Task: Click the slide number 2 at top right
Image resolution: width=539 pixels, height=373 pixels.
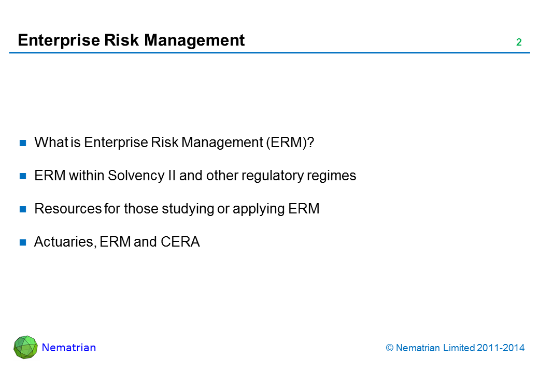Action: tap(519, 42)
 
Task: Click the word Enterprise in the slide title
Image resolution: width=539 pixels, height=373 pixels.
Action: tap(59, 40)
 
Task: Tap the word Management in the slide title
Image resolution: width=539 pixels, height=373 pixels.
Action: tap(194, 40)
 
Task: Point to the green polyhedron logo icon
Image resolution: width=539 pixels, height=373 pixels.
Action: tap(25, 347)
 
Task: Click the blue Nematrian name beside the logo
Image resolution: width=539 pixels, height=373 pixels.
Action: tap(69, 348)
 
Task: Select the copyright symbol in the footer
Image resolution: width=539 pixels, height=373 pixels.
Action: tap(389, 348)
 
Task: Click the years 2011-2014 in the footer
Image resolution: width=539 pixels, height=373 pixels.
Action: tap(501, 348)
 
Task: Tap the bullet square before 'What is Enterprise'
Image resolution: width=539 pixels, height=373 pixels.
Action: tap(23, 143)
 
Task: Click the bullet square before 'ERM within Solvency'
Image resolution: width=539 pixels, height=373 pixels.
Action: tap(23, 176)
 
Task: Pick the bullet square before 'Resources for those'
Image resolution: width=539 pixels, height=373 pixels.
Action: tap(23, 209)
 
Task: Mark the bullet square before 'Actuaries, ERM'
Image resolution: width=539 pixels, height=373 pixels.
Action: tap(23, 242)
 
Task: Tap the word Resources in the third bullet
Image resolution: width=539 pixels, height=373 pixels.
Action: tap(68, 209)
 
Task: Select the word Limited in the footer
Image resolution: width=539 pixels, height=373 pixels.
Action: tap(459, 348)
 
